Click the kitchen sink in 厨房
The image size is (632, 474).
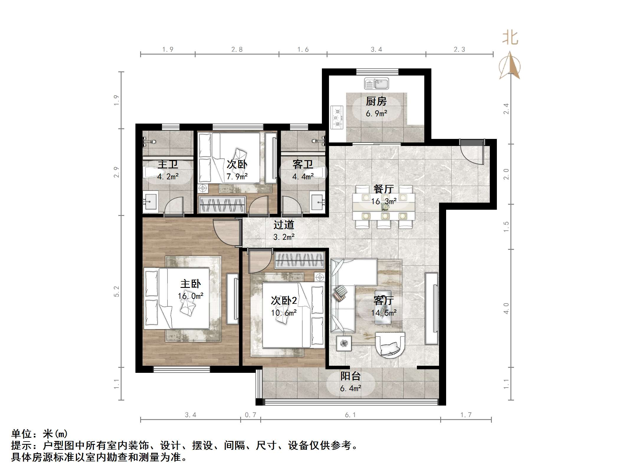pyautogui.click(x=376, y=84)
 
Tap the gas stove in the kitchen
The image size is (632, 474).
pyautogui.click(x=337, y=117)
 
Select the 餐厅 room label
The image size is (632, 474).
pyautogui.click(x=383, y=189)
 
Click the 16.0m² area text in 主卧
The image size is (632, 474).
pyautogui.click(x=190, y=296)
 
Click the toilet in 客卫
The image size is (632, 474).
pyautogui.click(x=318, y=172)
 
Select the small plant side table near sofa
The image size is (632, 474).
pyautogui.click(x=344, y=343)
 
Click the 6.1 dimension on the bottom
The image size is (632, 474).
pyautogui.click(x=350, y=415)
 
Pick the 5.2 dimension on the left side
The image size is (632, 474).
pyautogui.click(x=117, y=291)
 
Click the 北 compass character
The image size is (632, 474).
pyautogui.click(x=510, y=38)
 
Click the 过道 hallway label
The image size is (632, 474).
pyautogui.click(x=284, y=225)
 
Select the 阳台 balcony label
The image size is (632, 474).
pyautogui.click(x=350, y=376)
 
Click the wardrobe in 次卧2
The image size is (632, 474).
pyautogui.click(x=300, y=260)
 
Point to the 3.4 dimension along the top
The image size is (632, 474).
pyautogui.click(x=376, y=50)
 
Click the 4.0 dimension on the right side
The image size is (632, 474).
pyautogui.click(x=506, y=308)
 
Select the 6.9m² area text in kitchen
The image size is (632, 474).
pyautogui.click(x=376, y=114)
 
